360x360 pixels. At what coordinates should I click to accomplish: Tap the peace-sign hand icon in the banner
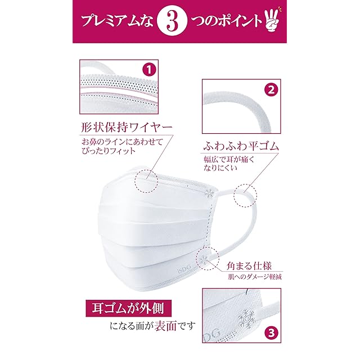pos(273,21)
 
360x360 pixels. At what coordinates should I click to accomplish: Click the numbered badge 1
pos(149,70)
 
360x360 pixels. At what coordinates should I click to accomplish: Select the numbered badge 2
pos(271,89)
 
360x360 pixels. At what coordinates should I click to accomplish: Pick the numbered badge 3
pos(271,332)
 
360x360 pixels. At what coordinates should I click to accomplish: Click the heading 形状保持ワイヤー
pos(127,127)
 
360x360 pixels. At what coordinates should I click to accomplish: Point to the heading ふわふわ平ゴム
pos(241,146)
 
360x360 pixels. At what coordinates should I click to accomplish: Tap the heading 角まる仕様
pos(249,265)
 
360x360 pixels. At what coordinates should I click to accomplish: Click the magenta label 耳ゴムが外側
pos(129,308)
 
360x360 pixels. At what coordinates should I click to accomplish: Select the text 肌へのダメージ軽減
pos(255,277)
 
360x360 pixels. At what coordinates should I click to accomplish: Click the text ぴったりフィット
pos(109,151)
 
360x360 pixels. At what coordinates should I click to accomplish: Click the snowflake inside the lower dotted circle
pos(203,259)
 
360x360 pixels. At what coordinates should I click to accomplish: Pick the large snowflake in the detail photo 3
pos(247,318)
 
